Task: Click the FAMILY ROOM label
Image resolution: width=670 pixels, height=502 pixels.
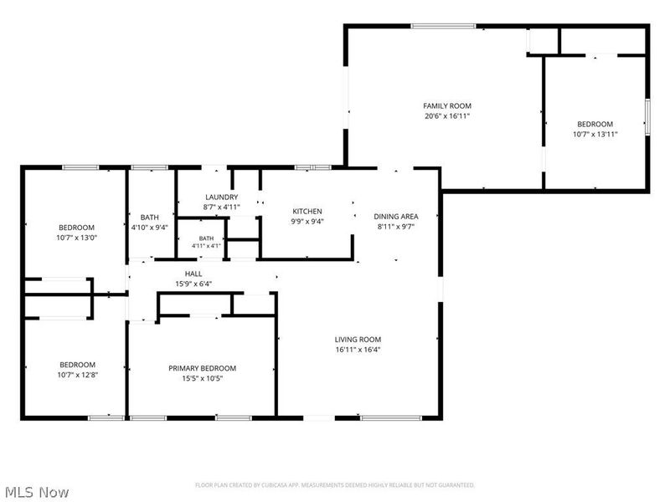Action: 447,106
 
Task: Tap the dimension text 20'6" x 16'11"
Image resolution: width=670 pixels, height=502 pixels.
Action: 447,116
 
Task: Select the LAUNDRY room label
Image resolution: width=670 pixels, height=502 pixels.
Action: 221,197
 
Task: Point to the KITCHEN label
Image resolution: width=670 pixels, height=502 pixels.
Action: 307,212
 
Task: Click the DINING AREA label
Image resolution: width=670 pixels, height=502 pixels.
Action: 396,217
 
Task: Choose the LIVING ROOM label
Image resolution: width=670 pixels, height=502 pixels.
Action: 358,340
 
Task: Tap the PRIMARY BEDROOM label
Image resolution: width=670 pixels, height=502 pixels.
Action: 202,368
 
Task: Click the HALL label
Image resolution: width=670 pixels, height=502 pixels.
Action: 193,274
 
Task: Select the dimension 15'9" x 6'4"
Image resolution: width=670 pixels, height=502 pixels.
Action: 193,284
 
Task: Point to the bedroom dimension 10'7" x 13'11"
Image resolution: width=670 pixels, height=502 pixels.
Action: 595,134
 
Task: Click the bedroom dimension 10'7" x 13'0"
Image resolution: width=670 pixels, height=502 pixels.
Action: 77,238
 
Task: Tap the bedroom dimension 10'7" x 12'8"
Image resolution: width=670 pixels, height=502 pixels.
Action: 78,375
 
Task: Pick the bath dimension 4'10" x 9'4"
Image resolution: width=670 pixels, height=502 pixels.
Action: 150,228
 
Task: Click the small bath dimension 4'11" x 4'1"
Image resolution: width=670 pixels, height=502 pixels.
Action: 206,246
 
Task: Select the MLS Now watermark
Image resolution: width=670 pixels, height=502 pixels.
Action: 38,492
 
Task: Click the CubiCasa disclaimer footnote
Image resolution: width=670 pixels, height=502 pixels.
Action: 335,485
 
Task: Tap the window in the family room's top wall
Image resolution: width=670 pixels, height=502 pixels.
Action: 444,26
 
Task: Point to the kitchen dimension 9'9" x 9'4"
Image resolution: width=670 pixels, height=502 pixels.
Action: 307,222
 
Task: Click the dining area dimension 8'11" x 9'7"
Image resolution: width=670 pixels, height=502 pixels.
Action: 396,227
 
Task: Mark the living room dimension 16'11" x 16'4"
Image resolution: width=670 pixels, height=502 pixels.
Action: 358,350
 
